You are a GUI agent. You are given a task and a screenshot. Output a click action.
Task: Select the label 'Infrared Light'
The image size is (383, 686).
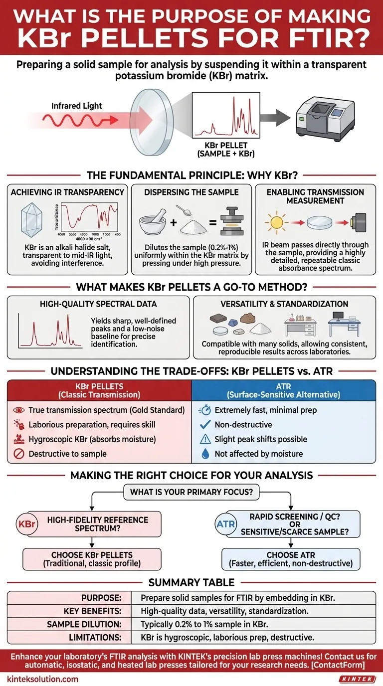(x=76, y=106)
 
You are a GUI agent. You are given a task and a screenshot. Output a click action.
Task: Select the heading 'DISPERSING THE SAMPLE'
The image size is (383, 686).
(x=191, y=192)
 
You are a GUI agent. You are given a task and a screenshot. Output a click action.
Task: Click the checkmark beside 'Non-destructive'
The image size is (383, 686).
(x=204, y=425)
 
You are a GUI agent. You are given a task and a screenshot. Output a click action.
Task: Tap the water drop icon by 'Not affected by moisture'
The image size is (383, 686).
(x=204, y=454)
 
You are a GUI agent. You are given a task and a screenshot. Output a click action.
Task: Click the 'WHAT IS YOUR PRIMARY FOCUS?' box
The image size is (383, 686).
(x=191, y=492)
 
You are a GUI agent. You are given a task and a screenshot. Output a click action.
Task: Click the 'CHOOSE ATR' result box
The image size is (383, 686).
(x=290, y=559)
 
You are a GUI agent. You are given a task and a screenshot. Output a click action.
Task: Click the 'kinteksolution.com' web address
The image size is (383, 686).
(x=42, y=679)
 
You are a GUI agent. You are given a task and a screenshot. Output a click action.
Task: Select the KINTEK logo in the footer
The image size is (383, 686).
(x=357, y=679)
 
